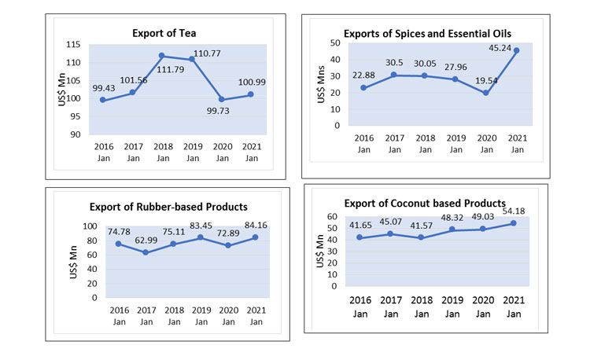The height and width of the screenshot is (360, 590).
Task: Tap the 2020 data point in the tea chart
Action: (223, 100)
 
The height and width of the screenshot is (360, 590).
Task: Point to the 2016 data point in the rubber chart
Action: (119, 244)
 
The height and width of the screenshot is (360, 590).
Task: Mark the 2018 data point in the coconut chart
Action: (421, 237)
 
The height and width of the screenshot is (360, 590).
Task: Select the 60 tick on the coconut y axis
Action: (331, 217)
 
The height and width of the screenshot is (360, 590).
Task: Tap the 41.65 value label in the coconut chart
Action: (363, 225)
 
